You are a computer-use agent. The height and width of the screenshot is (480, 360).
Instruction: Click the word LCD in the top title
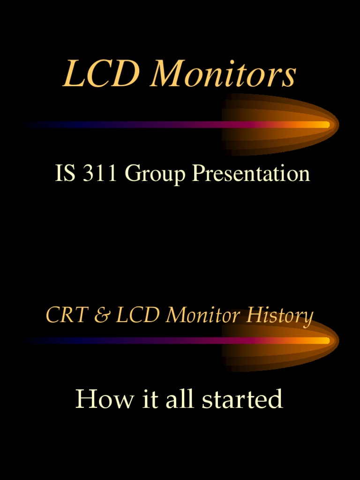pos(102,74)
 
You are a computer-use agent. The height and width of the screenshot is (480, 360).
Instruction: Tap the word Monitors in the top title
pos(223,74)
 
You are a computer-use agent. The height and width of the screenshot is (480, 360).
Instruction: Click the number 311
pos(100,173)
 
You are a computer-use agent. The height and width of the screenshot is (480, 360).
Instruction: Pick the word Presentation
pos(251,173)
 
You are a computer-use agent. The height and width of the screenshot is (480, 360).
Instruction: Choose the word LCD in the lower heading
pos(138,315)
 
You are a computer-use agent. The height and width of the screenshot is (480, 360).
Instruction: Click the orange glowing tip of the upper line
pos(323,125)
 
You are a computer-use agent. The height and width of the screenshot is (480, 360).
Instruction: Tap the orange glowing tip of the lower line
pos(323,340)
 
